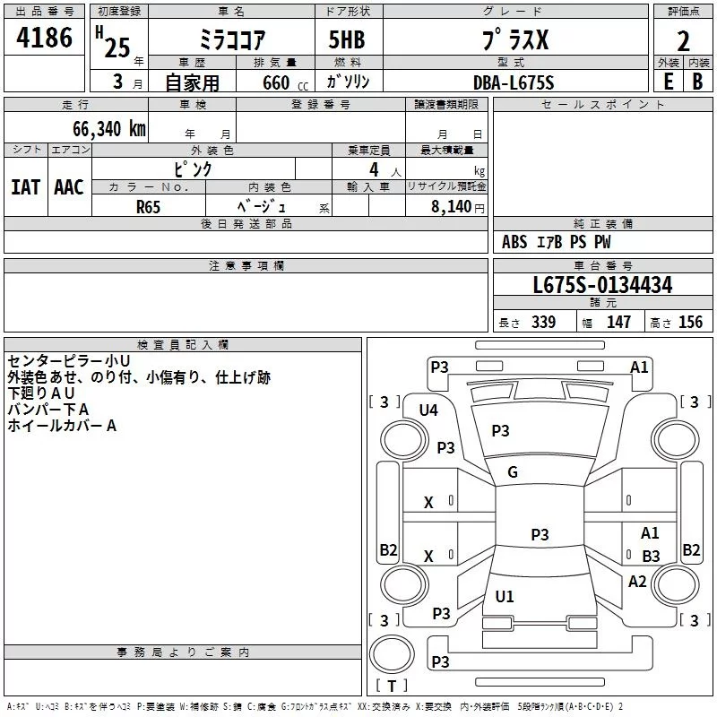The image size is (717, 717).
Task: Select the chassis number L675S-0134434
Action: point(602,286)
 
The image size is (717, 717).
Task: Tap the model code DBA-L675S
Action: point(514,82)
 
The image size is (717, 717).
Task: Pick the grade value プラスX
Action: point(513,41)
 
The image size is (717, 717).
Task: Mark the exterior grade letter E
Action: point(668,82)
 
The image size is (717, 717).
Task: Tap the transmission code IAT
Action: point(25,187)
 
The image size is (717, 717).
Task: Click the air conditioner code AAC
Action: point(69,187)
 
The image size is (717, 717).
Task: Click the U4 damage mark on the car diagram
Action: point(428,410)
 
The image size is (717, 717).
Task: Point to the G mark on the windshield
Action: point(513,472)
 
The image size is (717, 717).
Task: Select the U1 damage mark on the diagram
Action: point(505,597)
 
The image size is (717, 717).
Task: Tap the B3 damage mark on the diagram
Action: point(651,557)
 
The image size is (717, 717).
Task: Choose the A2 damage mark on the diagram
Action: point(637,581)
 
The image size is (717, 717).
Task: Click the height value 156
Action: point(690,323)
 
